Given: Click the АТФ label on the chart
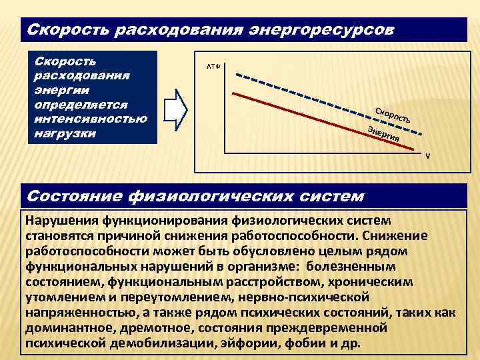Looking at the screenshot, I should (214, 67).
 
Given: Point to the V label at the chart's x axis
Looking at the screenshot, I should (428, 158).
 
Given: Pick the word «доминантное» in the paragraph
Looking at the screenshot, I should (70, 327).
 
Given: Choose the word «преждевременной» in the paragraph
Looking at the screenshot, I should (333, 327).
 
